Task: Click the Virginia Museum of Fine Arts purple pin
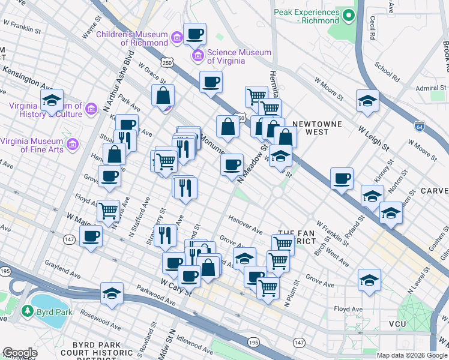pos(72,144)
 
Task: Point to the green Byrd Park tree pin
pos(26,311)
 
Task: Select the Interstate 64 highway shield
pos(419,127)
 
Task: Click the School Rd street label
pos(387,70)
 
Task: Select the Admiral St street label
pos(430,88)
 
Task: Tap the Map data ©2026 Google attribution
pos(412,355)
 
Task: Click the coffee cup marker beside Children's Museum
pos(194,34)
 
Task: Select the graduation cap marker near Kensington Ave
pos(52,100)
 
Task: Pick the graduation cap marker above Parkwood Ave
pos(112,293)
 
